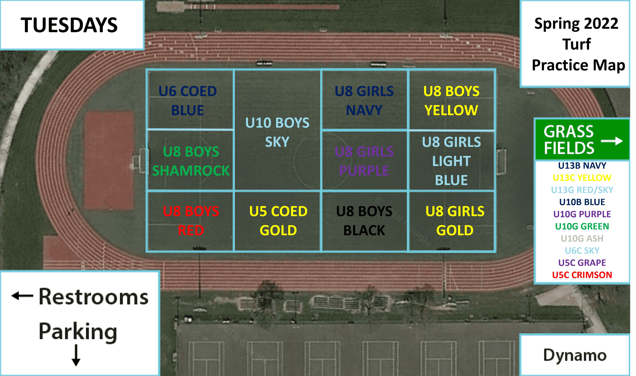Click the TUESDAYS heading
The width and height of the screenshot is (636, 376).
tap(69, 25)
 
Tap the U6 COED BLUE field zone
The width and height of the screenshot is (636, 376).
tap(190, 99)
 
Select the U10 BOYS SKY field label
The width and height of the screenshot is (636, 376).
tap(277, 132)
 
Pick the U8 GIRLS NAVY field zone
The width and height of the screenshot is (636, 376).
tap(364, 99)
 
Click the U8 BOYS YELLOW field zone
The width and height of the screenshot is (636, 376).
tap(451, 99)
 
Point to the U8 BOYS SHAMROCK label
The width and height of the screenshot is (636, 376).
tap(191, 161)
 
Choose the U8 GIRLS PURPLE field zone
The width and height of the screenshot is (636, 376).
tap(364, 160)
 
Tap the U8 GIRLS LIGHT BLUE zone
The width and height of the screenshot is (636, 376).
tap(452, 160)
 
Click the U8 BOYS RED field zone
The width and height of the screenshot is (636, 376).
tap(190, 221)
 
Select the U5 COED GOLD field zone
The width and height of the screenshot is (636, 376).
tap(277, 221)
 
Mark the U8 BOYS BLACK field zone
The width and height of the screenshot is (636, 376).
tap(364, 221)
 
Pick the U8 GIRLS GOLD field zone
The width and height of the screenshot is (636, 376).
tap(452, 221)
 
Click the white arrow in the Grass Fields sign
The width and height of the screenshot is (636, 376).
tap(612, 141)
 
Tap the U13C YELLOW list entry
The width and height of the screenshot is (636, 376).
tap(582, 178)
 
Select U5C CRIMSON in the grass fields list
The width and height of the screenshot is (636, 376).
tap(582, 275)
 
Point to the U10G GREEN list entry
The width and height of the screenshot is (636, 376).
tap(582, 226)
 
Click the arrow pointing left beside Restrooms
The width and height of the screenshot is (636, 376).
tap(22, 296)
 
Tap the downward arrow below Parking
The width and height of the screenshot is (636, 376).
tap(76, 355)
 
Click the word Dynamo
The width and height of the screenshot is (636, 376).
tap(575, 355)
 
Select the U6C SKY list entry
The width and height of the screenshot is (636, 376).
tap(582, 251)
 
